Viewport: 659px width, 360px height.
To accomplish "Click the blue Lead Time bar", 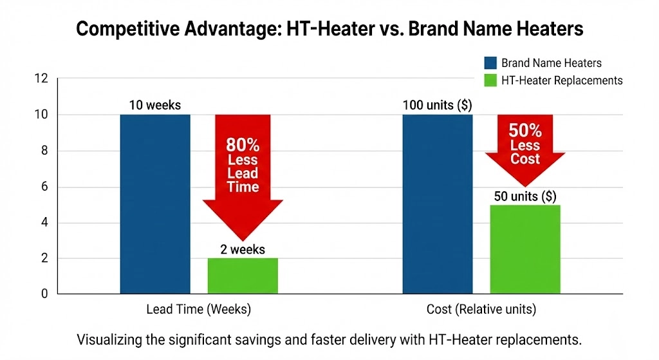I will click(x=155, y=204).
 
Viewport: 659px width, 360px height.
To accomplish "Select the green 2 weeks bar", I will click(x=243, y=276).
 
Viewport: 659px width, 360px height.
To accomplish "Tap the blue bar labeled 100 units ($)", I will click(x=438, y=204).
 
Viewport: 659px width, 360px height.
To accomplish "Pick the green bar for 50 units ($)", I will click(x=525, y=249).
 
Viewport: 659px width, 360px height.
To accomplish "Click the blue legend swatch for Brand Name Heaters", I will click(x=490, y=62).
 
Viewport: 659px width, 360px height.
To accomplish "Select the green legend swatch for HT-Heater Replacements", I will click(x=490, y=81).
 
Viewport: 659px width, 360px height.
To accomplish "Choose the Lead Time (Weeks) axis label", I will click(x=198, y=310).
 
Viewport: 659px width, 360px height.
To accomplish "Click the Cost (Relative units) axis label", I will click(x=481, y=310).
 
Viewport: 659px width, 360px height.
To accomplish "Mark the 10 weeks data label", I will click(x=155, y=104).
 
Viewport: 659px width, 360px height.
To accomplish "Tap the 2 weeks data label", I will click(x=243, y=249).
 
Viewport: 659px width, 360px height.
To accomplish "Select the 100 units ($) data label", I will click(x=438, y=105).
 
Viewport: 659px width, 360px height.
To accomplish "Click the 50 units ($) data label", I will click(x=525, y=196).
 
